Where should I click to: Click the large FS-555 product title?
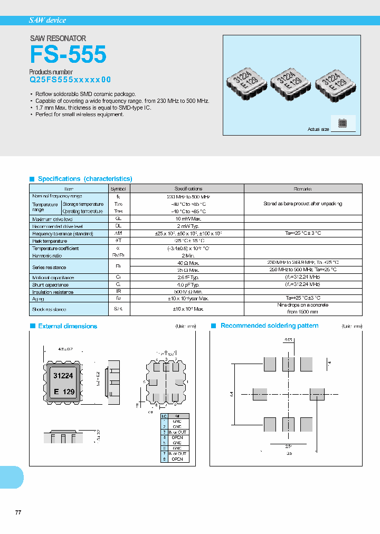pos(68,54)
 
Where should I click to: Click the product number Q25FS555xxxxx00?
pos(70,80)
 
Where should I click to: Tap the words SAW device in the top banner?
pos(47,20)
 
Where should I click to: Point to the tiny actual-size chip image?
pos(343,123)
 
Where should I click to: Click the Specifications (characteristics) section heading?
pos(85,179)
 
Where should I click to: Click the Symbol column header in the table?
pos(118,188)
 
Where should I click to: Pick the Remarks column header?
pos(302,188)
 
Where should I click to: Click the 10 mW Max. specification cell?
pos(186,218)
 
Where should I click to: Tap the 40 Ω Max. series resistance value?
pos(186,262)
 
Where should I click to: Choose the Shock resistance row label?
pos(50,309)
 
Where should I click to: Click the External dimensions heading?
pos(68,326)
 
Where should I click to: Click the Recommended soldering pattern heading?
pos(269,326)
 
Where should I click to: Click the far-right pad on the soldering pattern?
pos(317,394)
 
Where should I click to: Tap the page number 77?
pos(18,512)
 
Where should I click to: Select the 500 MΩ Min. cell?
pos(186,292)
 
